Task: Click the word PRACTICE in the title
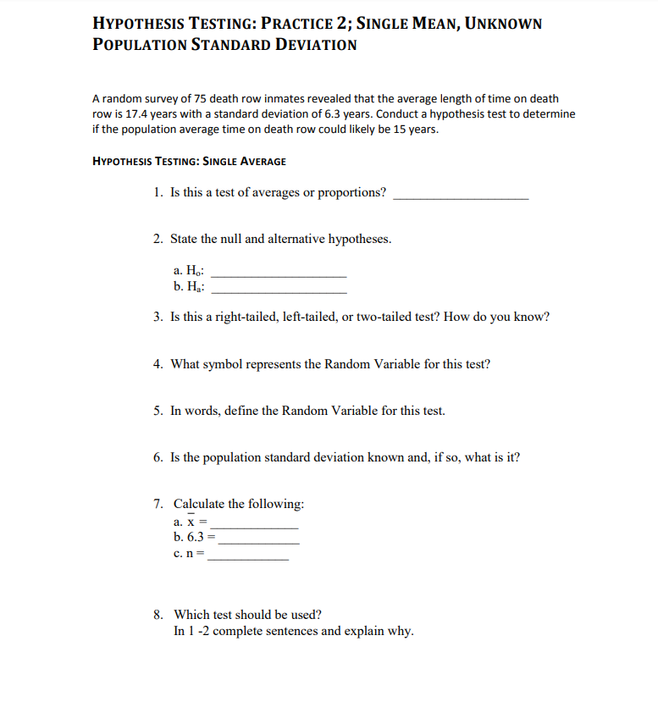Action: [x=303, y=24]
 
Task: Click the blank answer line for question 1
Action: [x=462, y=196]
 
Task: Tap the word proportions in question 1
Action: [x=353, y=193]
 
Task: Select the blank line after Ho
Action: [x=279, y=275]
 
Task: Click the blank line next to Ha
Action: [x=279, y=290]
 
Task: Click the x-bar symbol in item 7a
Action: [x=191, y=523]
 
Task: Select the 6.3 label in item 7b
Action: [x=194, y=538]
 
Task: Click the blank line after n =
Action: [x=248, y=557]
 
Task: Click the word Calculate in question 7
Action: [x=202, y=504]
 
